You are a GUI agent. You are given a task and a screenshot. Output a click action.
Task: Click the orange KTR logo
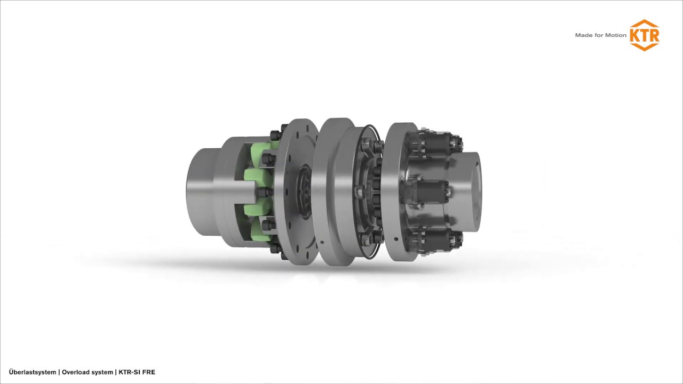click(x=644, y=35)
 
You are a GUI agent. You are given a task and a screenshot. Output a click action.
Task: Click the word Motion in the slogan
click(x=615, y=35)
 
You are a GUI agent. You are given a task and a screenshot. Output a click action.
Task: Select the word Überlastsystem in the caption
click(x=32, y=372)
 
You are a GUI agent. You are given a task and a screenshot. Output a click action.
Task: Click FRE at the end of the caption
click(x=149, y=372)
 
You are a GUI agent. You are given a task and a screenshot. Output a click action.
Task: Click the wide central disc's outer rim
click(x=333, y=192)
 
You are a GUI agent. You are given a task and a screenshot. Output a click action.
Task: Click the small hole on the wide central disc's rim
click(x=322, y=243)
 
